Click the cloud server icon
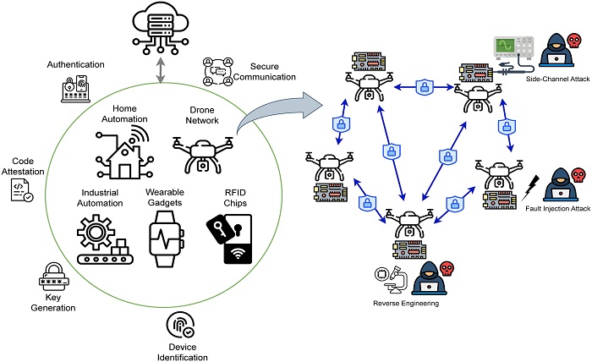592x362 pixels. point(161,29)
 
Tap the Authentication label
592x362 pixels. point(75,64)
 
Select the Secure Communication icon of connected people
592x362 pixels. point(218,72)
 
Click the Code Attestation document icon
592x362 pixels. point(21,190)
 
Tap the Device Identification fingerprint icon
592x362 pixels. point(181,326)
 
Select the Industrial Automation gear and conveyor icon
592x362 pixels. point(105,239)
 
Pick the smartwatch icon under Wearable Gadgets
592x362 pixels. point(166,239)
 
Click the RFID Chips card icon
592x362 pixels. point(230,239)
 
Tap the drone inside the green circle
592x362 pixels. point(203,155)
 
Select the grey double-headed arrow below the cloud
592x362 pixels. point(161,70)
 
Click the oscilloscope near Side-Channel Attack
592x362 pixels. point(514,48)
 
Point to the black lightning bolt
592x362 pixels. point(530,188)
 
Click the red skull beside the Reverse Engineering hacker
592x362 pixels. point(447,269)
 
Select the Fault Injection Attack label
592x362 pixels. point(557,208)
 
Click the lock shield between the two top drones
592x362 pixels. point(425,87)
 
